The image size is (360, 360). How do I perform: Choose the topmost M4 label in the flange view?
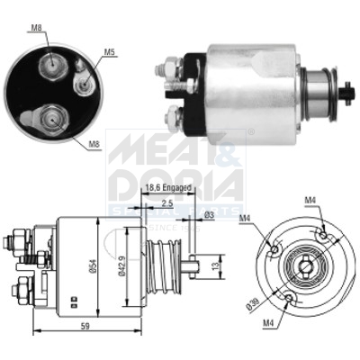(x=310, y=200)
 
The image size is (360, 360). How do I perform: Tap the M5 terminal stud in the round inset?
(x=85, y=80)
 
